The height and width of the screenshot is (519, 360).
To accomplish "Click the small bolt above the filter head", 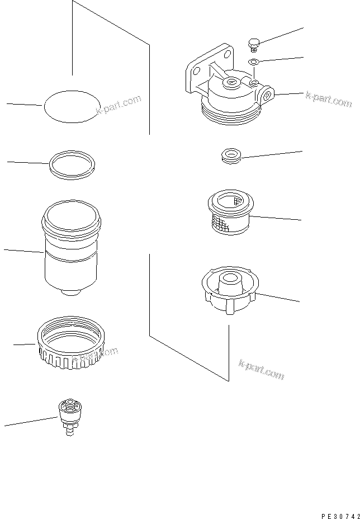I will tap(253, 43).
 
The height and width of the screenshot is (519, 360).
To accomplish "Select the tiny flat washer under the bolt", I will tap(253, 61).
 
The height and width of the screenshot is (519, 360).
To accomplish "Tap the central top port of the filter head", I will tap(230, 83).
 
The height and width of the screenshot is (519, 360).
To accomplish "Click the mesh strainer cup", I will tap(228, 213).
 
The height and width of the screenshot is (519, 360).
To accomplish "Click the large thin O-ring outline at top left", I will tap(70, 106).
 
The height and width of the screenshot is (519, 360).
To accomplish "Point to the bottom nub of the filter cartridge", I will tap(70, 292).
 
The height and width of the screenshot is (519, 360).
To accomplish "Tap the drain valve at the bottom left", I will tap(69, 414).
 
